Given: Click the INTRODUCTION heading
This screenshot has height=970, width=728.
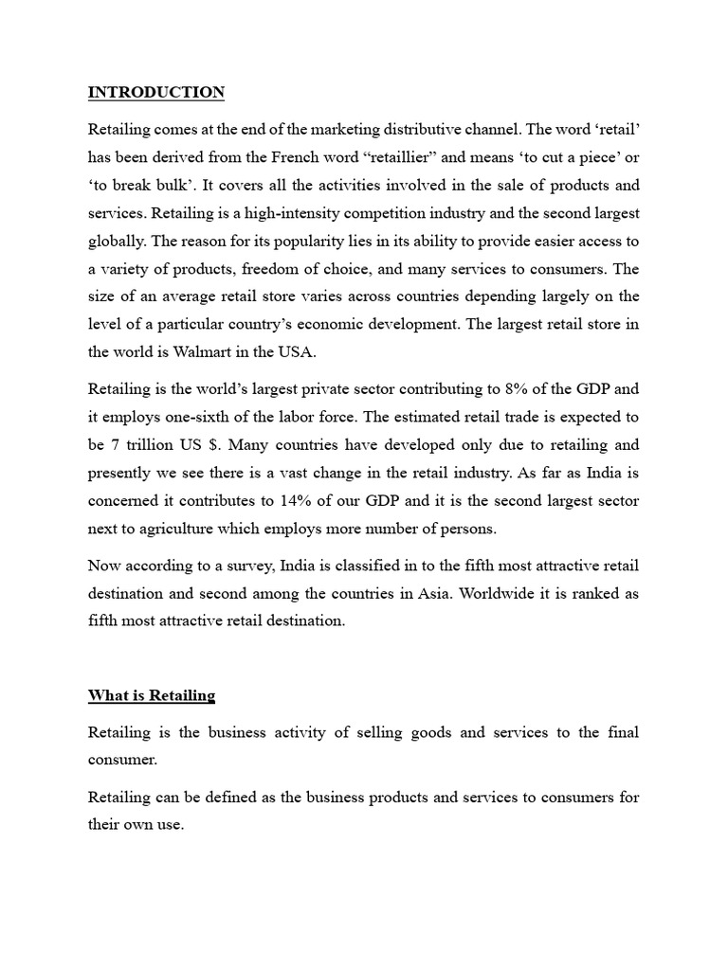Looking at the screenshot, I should [156, 92].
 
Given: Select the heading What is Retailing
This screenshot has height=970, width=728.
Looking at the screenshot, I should [152, 695].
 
